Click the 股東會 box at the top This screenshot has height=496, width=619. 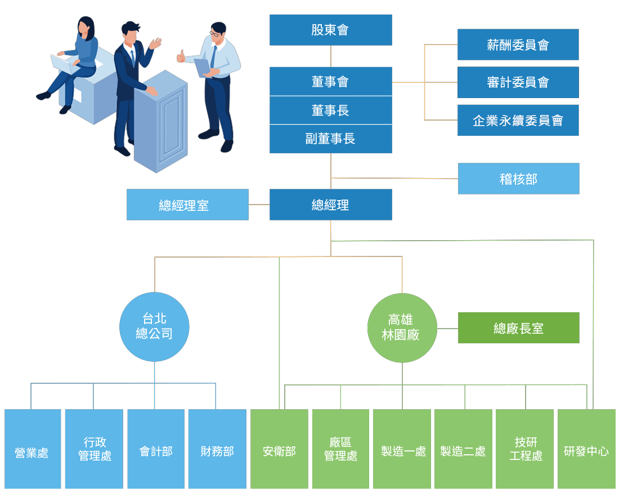330,30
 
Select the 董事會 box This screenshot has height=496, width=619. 330,82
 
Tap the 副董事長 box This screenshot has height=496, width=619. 330,139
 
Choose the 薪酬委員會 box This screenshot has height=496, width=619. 518,45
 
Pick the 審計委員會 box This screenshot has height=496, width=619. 518,82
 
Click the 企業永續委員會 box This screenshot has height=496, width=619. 518,120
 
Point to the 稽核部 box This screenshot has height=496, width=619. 518,179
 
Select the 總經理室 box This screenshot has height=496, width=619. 187,205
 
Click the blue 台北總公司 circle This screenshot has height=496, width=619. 154,327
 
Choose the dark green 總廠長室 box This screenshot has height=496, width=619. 518,328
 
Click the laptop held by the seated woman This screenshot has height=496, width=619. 65,64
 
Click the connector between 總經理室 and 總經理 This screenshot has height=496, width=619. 259,205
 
